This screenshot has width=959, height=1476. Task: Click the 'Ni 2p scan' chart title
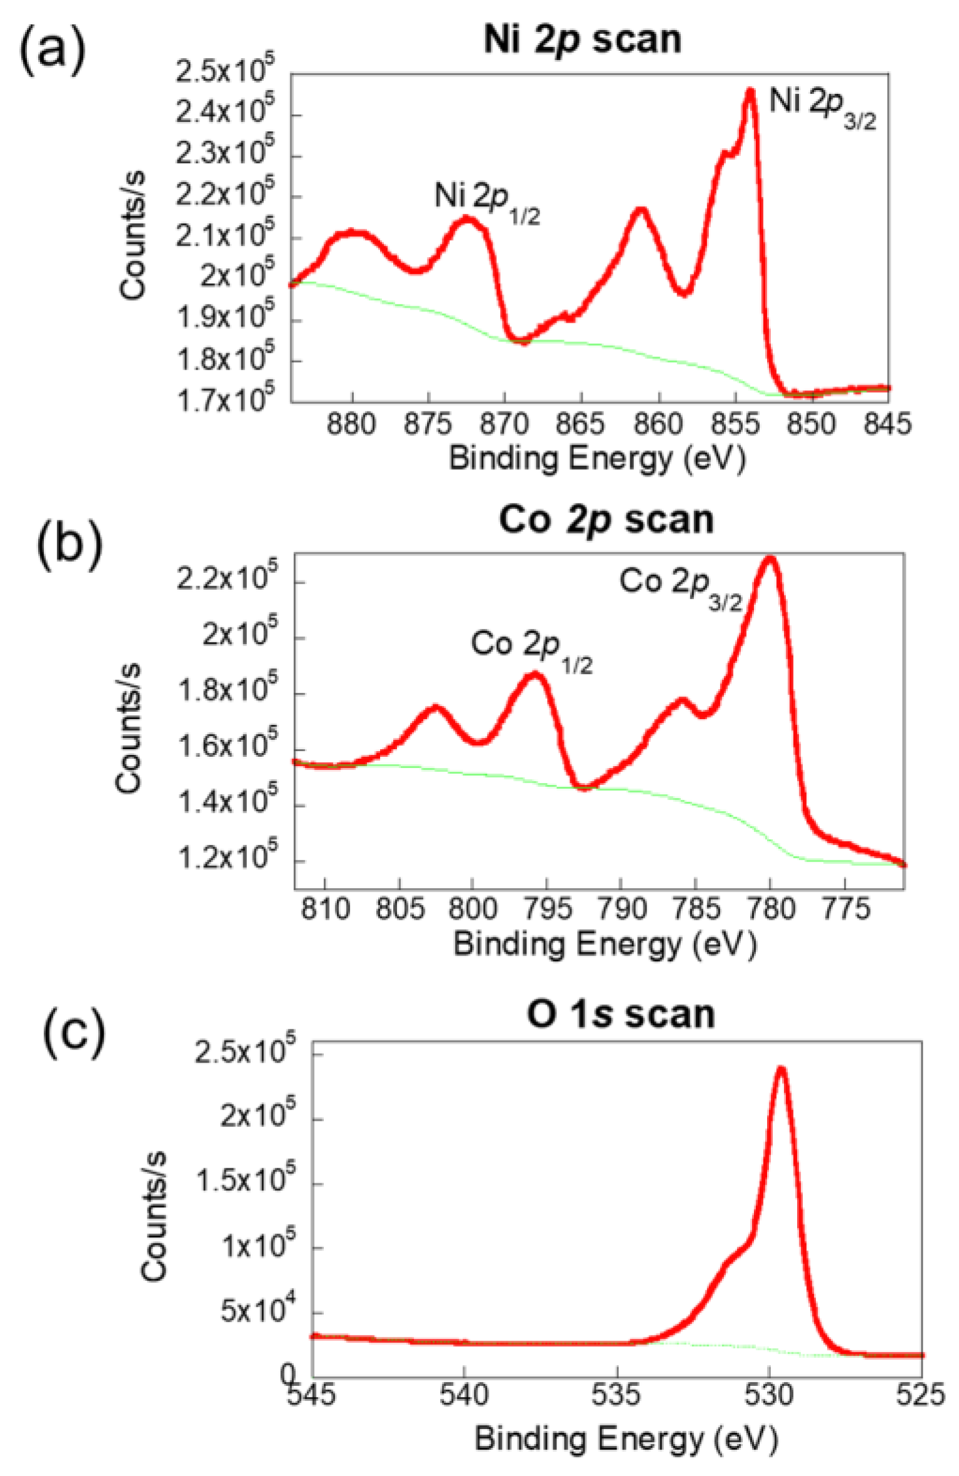[x=582, y=41]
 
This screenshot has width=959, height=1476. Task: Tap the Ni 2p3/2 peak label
[x=821, y=106]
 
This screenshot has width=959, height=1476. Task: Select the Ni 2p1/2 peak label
[x=487, y=201]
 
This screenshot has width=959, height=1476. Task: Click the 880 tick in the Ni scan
[x=351, y=425]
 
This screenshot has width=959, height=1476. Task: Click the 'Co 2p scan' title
[x=606, y=520]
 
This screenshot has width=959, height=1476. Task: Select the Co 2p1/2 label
[x=531, y=649]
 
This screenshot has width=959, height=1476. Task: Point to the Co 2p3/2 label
[x=680, y=586]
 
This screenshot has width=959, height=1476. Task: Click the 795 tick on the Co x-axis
[x=546, y=908]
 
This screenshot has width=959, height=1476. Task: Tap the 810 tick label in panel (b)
[x=324, y=908]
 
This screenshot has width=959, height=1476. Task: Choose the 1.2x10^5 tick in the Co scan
[x=228, y=859]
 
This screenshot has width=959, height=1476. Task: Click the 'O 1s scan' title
[x=620, y=1014]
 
